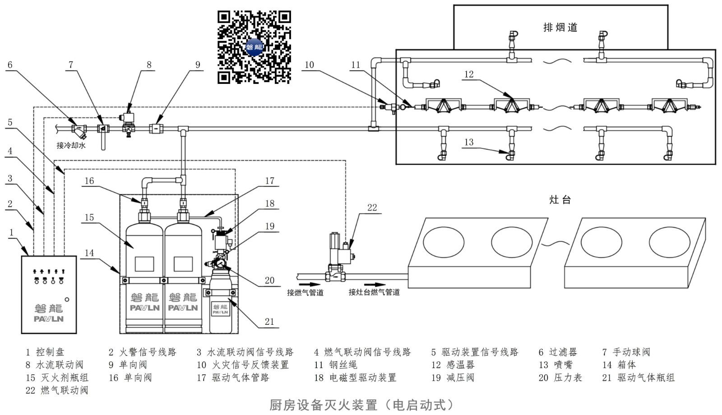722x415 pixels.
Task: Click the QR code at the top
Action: [254, 47]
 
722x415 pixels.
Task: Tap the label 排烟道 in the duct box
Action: [560, 28]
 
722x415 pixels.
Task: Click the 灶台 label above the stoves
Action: [560, 200]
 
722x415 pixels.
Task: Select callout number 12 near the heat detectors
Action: [469, 74]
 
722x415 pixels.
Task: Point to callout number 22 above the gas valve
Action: [372, 207]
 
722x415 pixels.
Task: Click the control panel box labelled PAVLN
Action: [49, 295]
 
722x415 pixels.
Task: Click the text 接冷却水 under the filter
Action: [71, 145]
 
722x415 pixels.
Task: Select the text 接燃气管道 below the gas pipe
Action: [305, 293]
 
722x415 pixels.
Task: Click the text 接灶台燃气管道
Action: [374, 292]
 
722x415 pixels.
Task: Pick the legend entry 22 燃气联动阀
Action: [57, 390]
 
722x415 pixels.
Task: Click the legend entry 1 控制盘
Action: [45, 352]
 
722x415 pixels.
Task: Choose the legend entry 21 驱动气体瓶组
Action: [638, 378]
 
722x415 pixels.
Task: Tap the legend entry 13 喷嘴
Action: [555, 364]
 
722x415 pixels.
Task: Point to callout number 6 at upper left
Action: [10, 65]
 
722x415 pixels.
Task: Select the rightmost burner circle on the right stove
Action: [669, 242]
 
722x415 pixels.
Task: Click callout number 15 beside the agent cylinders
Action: [89, 217]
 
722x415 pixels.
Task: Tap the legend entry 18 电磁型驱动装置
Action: [355, 378]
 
